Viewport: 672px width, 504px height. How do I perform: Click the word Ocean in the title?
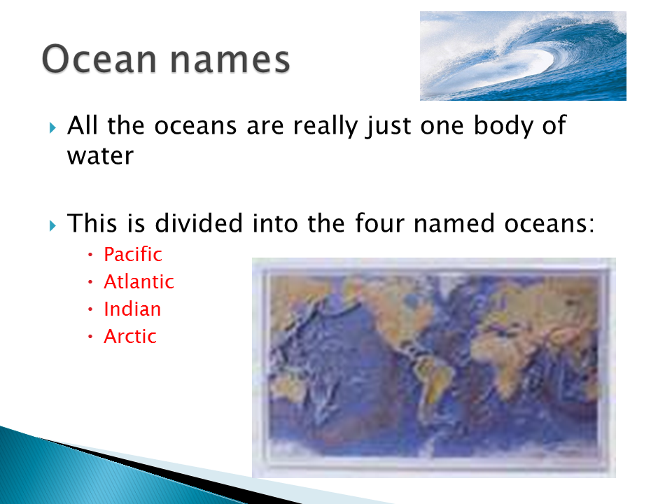tap(99, 59)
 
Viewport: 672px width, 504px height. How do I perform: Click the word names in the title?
tap(230, 60)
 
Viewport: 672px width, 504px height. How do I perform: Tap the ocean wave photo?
tap(523, 56)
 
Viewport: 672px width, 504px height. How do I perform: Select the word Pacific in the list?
tap(133, 255)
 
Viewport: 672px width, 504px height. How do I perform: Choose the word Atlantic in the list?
tap(139, 281)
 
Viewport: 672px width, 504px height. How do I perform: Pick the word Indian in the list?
tap(132, 309)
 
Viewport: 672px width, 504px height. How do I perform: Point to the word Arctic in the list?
tap(130, 337)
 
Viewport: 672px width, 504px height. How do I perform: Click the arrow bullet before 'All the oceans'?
tap(52, 127)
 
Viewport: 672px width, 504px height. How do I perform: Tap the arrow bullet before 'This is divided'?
tap(52, 225)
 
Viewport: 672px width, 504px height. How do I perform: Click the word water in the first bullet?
tap(100, 156)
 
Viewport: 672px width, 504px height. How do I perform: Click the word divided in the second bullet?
tap(199, 223)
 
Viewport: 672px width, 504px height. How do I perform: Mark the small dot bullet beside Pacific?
tap(90, 255)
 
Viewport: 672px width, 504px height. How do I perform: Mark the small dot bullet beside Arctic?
tap(90, 337)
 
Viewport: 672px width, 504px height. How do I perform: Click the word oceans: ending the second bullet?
tap(549, 224)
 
